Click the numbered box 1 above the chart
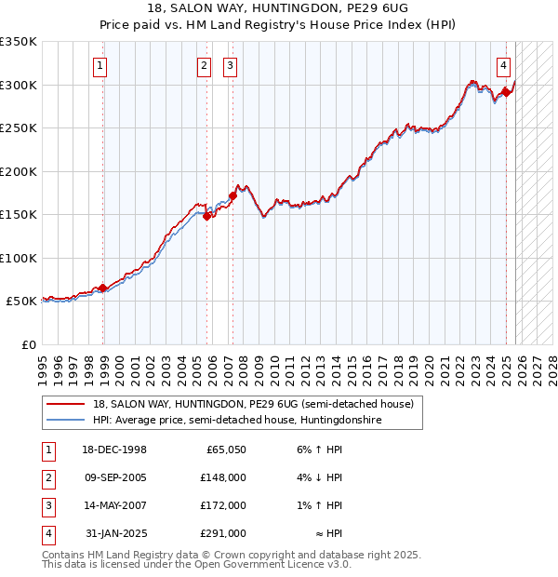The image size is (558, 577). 99,65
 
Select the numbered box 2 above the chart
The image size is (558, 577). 203,65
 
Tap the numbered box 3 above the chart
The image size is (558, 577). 229,65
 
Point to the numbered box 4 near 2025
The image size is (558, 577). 502,65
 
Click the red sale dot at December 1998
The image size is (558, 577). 103,288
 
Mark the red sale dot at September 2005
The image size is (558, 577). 207,216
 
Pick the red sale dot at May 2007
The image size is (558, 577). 232,195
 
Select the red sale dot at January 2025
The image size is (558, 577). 507,92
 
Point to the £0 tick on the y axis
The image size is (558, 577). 28,344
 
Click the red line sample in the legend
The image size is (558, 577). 66,404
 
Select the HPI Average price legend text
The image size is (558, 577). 237,421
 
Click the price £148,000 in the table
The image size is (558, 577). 223,476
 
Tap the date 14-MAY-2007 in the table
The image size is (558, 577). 115,505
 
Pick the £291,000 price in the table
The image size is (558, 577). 223,534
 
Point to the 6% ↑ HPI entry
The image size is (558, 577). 320,449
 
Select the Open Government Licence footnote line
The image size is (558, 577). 196,565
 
